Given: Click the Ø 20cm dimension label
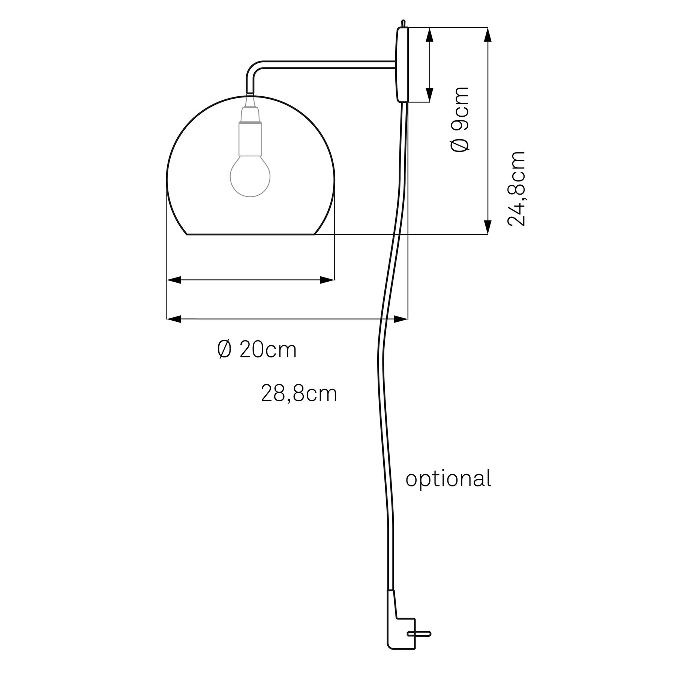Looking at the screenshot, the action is pyautogui.click(x=257, y=349).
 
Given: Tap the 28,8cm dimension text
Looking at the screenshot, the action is pyautogui.click(x=299, y=394).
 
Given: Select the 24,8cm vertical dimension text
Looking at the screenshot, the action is pyautogui.click(x=516, y=189).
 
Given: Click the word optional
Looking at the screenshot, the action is pyautogui.click(x=448, y=479).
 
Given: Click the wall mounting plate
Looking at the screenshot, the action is pyautogui.click(x=402, y=64).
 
